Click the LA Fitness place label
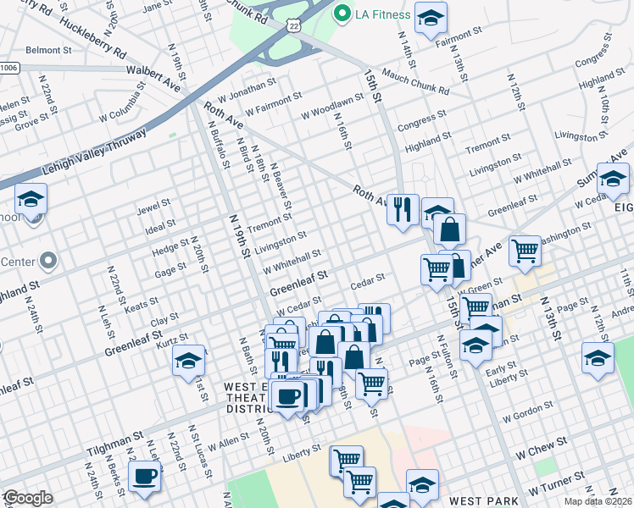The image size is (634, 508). [383, 14]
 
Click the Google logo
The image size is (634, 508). [27, 498]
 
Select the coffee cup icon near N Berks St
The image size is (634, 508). [144, 476]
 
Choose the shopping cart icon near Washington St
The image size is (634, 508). [525, 250]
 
